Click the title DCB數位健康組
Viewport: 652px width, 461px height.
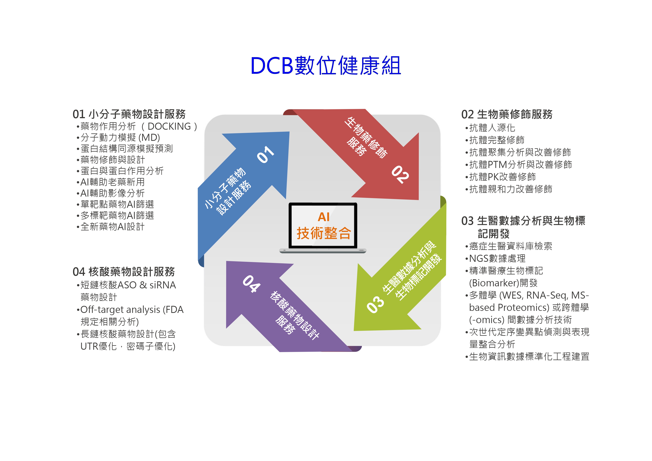(326, 66)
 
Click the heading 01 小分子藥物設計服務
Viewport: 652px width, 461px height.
(129, 114)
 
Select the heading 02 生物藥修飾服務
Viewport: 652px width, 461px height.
(507, 114)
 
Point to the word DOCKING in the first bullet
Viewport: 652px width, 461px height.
(169, 126)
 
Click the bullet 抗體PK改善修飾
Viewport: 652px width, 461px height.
(501, 177)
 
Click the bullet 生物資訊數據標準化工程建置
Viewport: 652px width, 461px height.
(527, 356)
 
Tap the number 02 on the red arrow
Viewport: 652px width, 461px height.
(400, 174)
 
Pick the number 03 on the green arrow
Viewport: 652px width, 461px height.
(375, 305)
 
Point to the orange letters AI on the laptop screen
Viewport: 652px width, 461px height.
(324, 217)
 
